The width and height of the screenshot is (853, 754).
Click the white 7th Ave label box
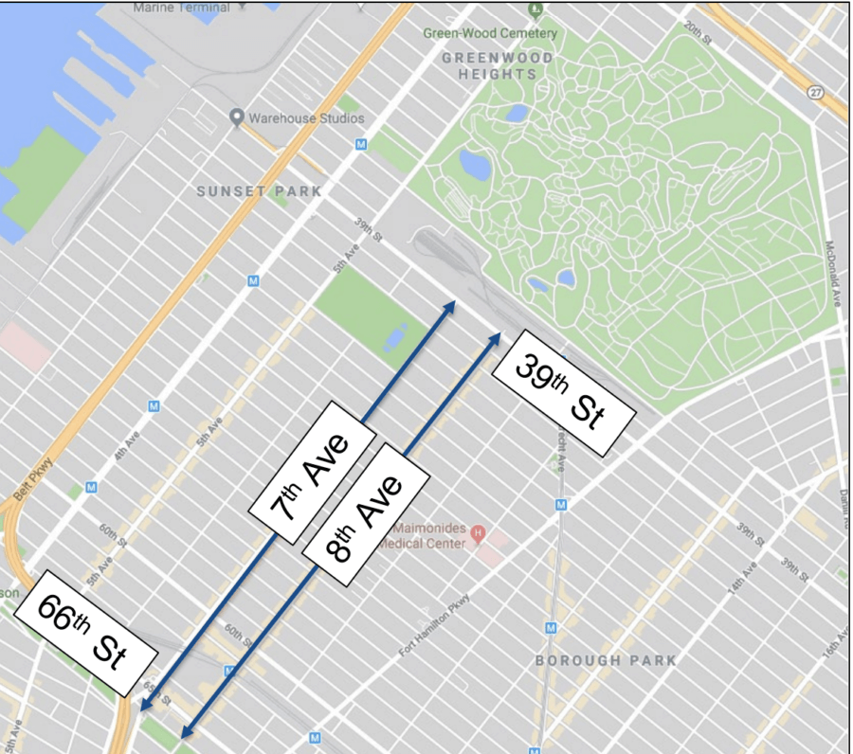pyautogui.click(x=308, y=470)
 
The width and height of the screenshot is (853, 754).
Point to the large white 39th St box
pyautogui.click(x=561, y=397)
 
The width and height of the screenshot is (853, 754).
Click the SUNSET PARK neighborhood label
pyautogui.click(x=259, y=191)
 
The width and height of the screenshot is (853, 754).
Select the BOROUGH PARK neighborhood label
pyautogui.click(x=606, y=660)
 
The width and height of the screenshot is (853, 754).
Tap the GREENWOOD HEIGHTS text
pyautogui.click(x=497, y=65)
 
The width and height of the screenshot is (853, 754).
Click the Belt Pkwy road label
pyautogui.click(x=31, y=483)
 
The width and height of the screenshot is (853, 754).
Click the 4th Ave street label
pyautogui.click(x=126, y=445)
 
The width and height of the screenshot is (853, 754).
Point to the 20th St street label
pyautogui.click(x=698, y=33)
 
